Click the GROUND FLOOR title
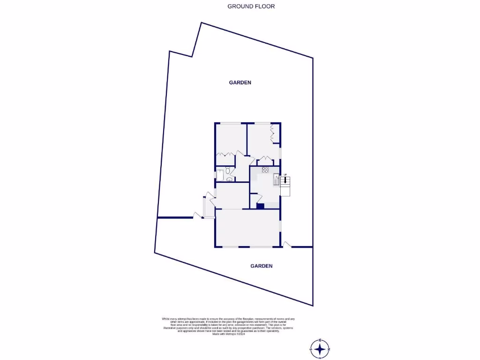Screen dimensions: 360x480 [x=251, y=7]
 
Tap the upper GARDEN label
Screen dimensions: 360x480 [x=240, y=82]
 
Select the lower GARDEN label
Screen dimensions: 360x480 [x=261, y=266]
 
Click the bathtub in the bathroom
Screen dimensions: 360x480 [x=220, y=175]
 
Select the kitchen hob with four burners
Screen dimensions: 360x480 [x=265, y=170]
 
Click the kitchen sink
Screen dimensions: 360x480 [x=276, y=179]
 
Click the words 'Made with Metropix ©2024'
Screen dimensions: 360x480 [x=229, y=334]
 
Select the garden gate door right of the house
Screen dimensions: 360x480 [x=287, y=244]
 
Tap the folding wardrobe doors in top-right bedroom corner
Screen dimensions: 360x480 [x=274, y=133]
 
